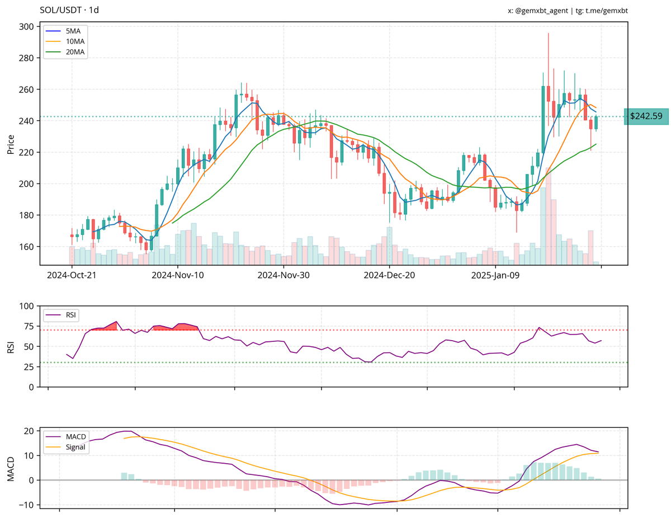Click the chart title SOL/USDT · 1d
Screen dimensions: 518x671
(x=69, y=10)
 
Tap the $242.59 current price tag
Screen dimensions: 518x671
(x=646, y=116)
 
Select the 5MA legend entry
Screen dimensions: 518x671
(x=73, y=31)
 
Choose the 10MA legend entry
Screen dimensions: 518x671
(x=75, y=41)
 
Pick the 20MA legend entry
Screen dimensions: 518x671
(x=75, y=51)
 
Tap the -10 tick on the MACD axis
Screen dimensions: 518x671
(x=26, y=505)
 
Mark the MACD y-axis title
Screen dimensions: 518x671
(x=11, y=469)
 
